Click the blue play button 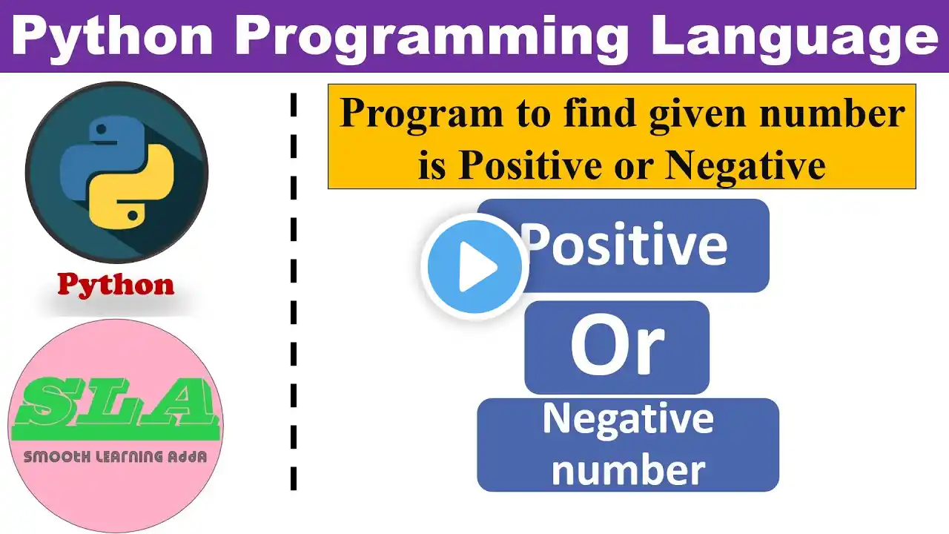pos(474,266)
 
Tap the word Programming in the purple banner pos(431,37)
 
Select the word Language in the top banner pos(795,37)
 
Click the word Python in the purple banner pos(113,37)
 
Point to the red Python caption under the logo pos(116,284)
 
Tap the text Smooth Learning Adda pos(115,457)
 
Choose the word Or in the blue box pos(618,346)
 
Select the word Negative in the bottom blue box pos(628,420)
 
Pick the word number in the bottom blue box pos(628,469)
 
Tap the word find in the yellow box pos(600,113)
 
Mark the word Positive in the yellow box pos(529,165)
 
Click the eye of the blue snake pos(102,129)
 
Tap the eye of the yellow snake pos(133,215)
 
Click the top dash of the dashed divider pos(294,105)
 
